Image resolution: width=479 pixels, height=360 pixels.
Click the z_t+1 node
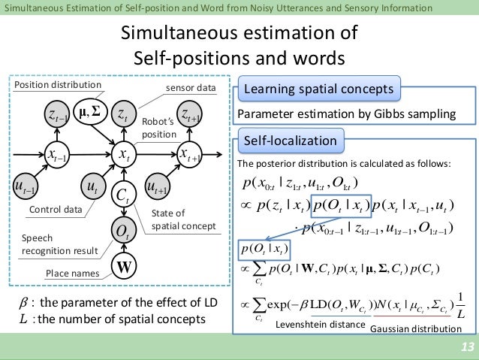(191, 115)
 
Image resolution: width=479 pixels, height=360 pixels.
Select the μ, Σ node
(89, 113)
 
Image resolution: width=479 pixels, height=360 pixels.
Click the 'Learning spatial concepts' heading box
(318, 90)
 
